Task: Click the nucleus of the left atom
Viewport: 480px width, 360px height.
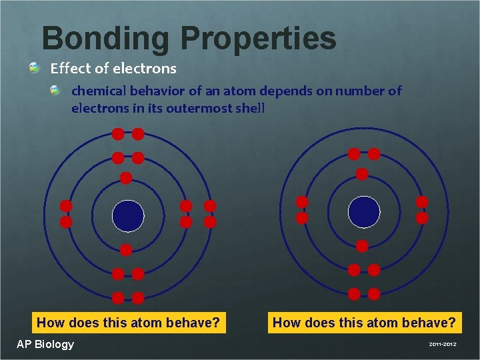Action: [x=128, y=215]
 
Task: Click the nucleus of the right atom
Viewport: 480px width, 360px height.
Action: [x=364, y=211]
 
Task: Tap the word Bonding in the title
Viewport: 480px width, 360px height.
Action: [x=105, y=38]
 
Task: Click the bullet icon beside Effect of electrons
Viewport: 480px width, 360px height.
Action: [x=34, y=67]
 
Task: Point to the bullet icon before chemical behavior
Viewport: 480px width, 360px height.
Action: [x=57, y=90]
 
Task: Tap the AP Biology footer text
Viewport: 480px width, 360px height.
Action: [x=45, y=344]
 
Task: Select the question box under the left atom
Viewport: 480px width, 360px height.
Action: [x=128, y=323]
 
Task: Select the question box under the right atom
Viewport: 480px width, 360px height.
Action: [x=365, y=323]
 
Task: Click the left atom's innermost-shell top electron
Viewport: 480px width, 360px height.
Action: [x=125, y=178]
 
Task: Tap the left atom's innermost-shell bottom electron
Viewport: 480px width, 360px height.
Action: [x=125, y=250]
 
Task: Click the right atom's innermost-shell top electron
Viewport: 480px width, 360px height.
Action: [x=362, y=174]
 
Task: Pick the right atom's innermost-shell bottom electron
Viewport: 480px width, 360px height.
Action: [x=362, y=246]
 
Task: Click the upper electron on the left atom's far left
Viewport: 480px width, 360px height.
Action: [x=66, y=205]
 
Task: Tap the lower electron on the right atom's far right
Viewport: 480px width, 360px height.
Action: [x=422, y=218]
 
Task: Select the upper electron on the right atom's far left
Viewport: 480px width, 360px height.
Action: [x=302, y=201]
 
